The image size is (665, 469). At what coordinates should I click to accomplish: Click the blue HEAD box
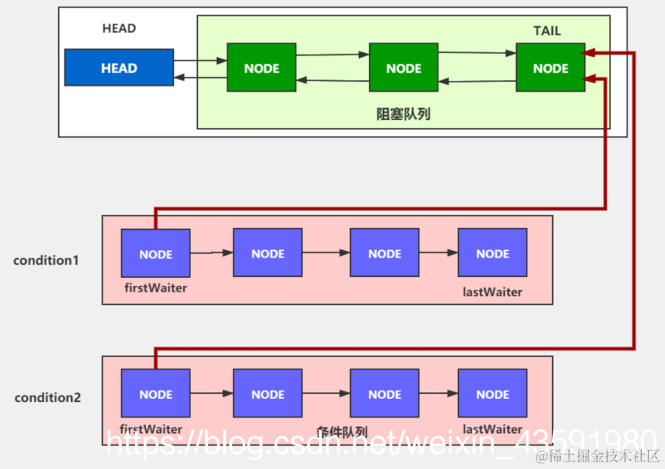click(x=119, y=68)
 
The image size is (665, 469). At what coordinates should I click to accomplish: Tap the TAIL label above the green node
click(x=547, y=31)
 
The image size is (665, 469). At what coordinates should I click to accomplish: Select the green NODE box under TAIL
click(x=550, y=68)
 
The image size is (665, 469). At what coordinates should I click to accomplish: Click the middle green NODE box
click(x=403, y=68)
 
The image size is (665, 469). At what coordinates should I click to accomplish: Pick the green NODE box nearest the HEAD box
click(x=261, y=68)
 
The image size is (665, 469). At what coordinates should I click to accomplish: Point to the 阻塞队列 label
click(x=403, y=114)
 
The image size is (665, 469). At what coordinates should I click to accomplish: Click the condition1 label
click(x=46, y=261)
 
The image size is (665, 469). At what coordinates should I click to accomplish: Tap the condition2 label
click(x=47, y=398)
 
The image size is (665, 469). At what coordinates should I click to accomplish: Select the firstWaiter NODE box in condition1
click(x=155, y=254)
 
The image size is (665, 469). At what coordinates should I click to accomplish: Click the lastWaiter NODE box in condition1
click(x=492, y=254)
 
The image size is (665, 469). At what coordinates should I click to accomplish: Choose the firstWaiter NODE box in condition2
click(x=155, y=394)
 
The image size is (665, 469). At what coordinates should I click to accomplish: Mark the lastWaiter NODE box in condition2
click(x=492, y=394)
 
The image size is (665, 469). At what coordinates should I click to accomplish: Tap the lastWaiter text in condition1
click(x=492, y=292)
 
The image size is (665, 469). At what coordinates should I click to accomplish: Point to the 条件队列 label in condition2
click(x=341, y=432)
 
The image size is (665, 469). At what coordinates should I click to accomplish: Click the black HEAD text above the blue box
click(x=119, y=29)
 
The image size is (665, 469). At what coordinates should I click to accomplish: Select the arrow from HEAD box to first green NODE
click(x=200, y=60)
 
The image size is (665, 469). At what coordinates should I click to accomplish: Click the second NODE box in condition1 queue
click(x=267, y=254)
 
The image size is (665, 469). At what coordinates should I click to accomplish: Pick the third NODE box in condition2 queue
click(x=384, y=394)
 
